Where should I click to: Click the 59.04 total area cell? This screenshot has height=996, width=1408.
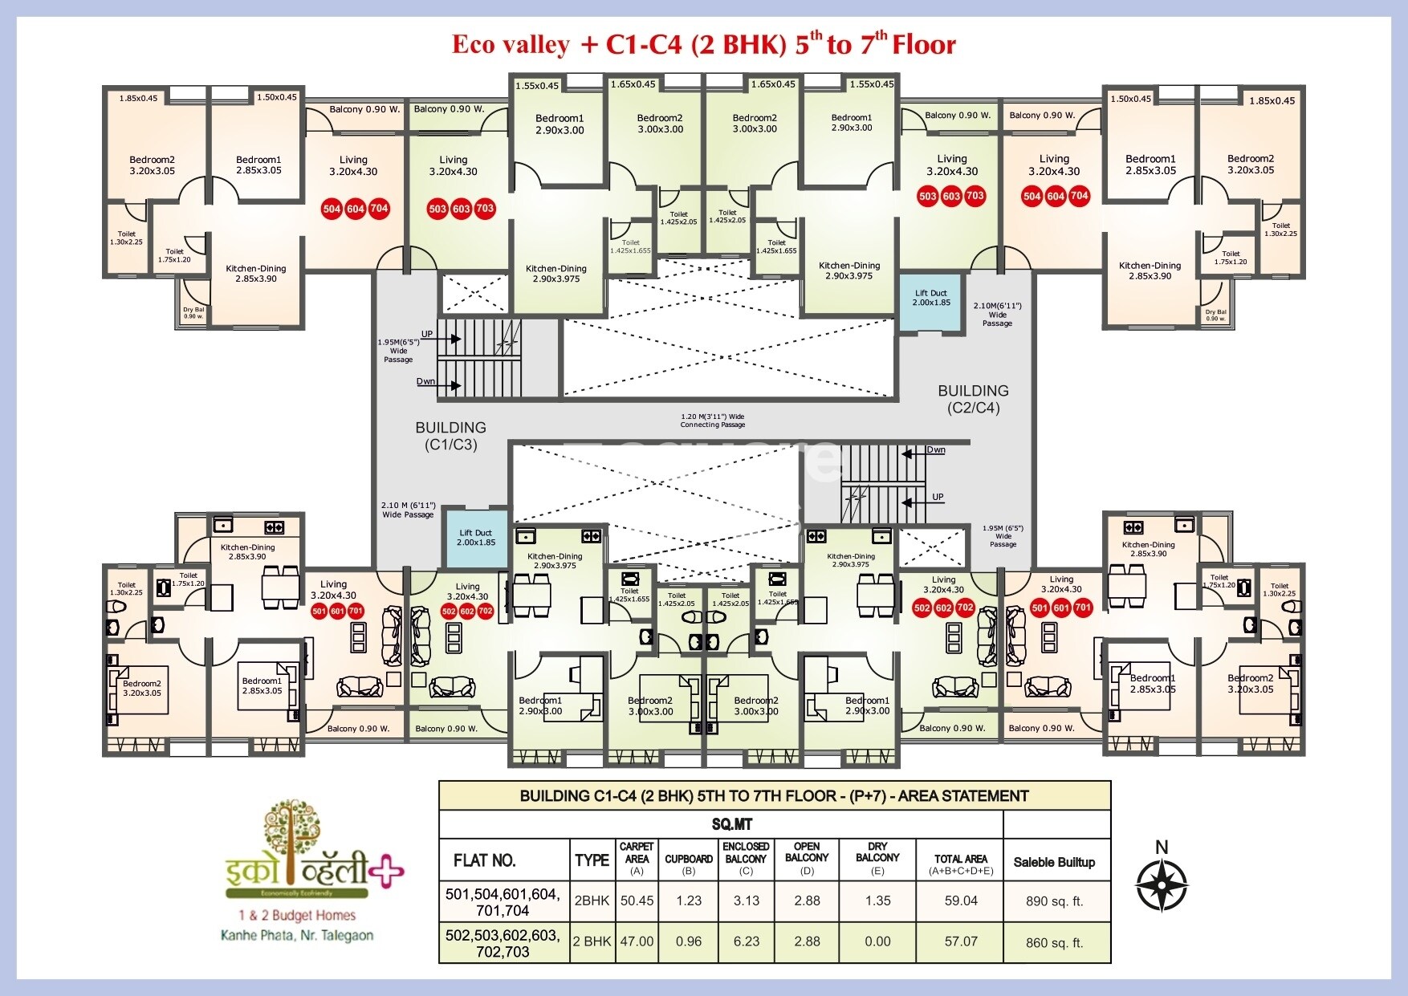click(x=961, y=900)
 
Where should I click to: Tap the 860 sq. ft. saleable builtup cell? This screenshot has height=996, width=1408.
click(x=1054, y=943)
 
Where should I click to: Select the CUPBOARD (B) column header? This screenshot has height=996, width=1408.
click(x=689, y=860)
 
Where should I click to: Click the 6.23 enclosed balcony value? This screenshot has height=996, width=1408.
click(x=746, y=941)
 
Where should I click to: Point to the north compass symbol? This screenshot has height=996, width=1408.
click(x=1162, y=884)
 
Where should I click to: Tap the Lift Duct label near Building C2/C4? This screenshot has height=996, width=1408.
click(x=931, y=298)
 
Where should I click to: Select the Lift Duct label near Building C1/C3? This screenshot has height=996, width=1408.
click(x=476, y=538)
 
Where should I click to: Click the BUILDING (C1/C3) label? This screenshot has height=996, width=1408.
click(x=450, y=436)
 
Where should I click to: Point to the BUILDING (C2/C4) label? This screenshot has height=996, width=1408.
click(x=973, y=399)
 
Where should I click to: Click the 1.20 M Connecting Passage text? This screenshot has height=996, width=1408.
click(x=712, y=421)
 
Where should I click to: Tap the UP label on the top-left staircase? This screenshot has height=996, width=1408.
click(x=427, y=334)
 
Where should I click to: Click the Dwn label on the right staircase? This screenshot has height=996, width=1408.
click(x=936, y=450)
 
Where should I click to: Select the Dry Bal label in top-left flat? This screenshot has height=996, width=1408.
click(x=193, y=313)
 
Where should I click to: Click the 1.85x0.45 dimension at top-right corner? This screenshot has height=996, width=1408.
click(x=1272, y=100)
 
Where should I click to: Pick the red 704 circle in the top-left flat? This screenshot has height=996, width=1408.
click(x=380, y=209)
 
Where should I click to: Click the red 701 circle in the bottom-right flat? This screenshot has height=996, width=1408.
click(x=1083, y=608)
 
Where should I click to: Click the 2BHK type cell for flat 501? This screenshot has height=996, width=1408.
click(x=592, y=900)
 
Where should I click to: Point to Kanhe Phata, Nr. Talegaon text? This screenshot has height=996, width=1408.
click(x=296, y=935)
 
